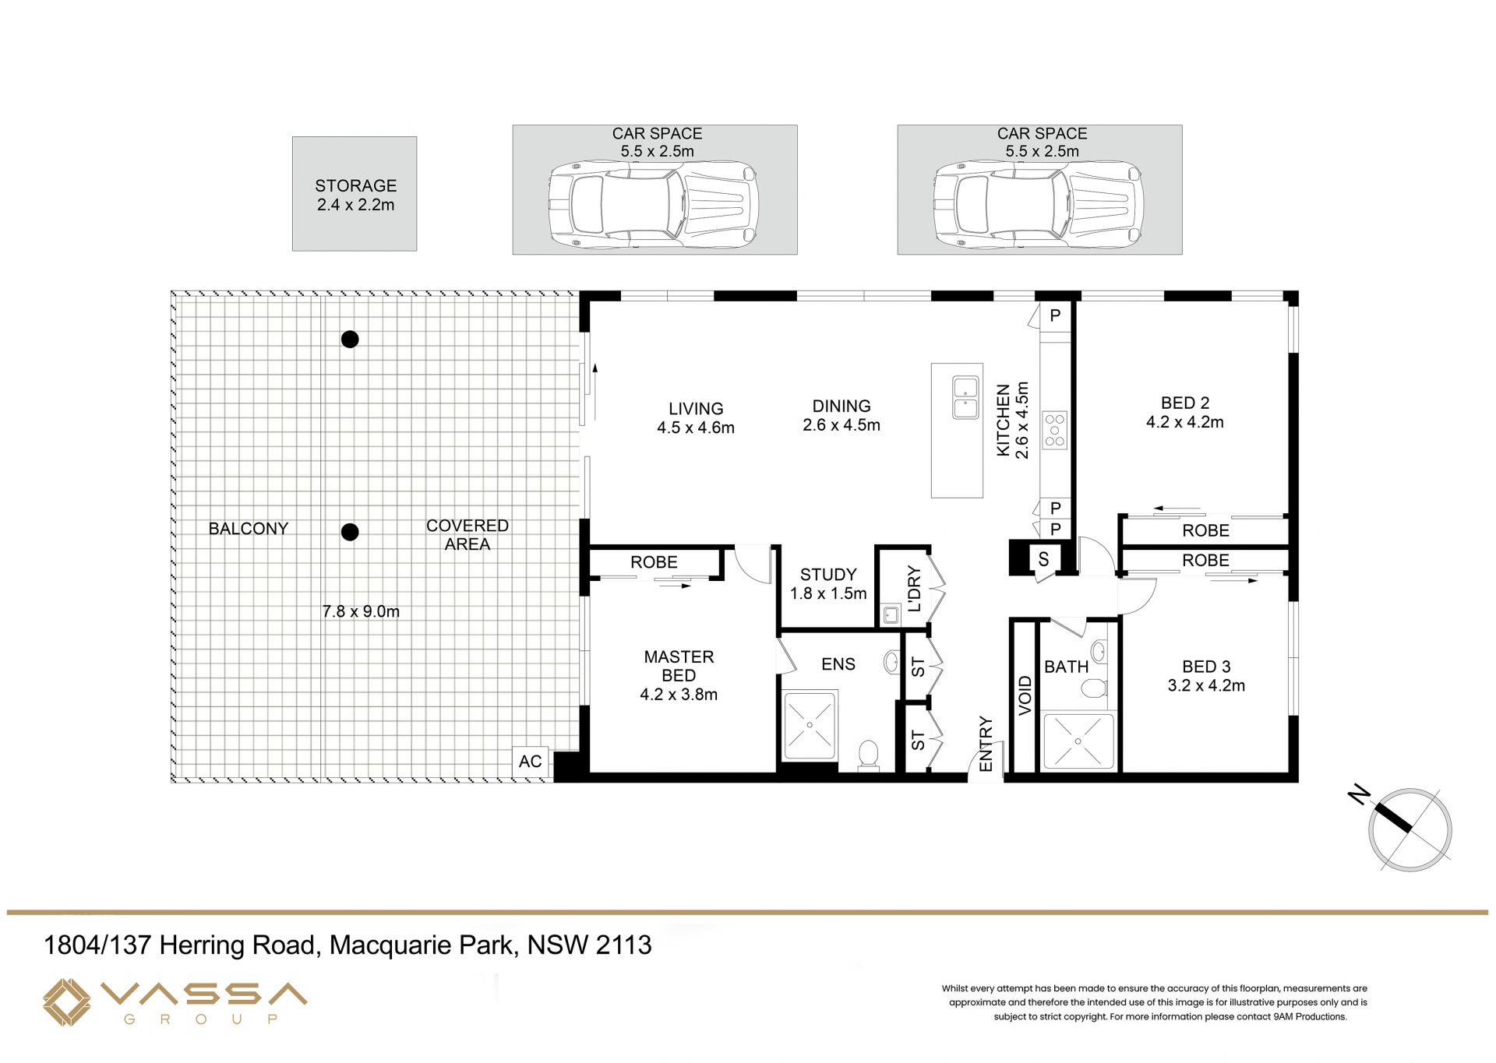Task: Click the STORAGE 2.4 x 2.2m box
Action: click(x=355, y=194)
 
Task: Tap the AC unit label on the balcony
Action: click(x=530, y=761)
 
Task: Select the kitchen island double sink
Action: click(x=965, y=397)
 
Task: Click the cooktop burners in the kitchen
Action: click(x=1054, y=430)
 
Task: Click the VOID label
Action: click(x=1025, y=695)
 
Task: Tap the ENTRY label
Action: click(x=986, y=744)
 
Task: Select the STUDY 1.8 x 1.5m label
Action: click(x=828, y=584)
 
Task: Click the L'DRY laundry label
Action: click(x=914, y=589)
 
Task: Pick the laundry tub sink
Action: click(x=891, y=615)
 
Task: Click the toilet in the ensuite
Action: click(x=868, y=755)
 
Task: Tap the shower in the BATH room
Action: click(x=1078, y=741)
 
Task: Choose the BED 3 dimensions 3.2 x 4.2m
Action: click(x=1206, y=685)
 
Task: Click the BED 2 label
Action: click(x=1185, y=403)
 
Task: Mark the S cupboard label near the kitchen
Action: click(x=1043, y=559)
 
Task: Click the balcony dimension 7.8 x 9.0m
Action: click(x=361, y=611)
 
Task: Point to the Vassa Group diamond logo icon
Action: click(x=66, y=1002)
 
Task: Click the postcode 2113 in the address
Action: click(x=623, y=945)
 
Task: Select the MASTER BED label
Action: click(x=679, y=666)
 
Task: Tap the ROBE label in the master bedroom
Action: click(x=654, y=561)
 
